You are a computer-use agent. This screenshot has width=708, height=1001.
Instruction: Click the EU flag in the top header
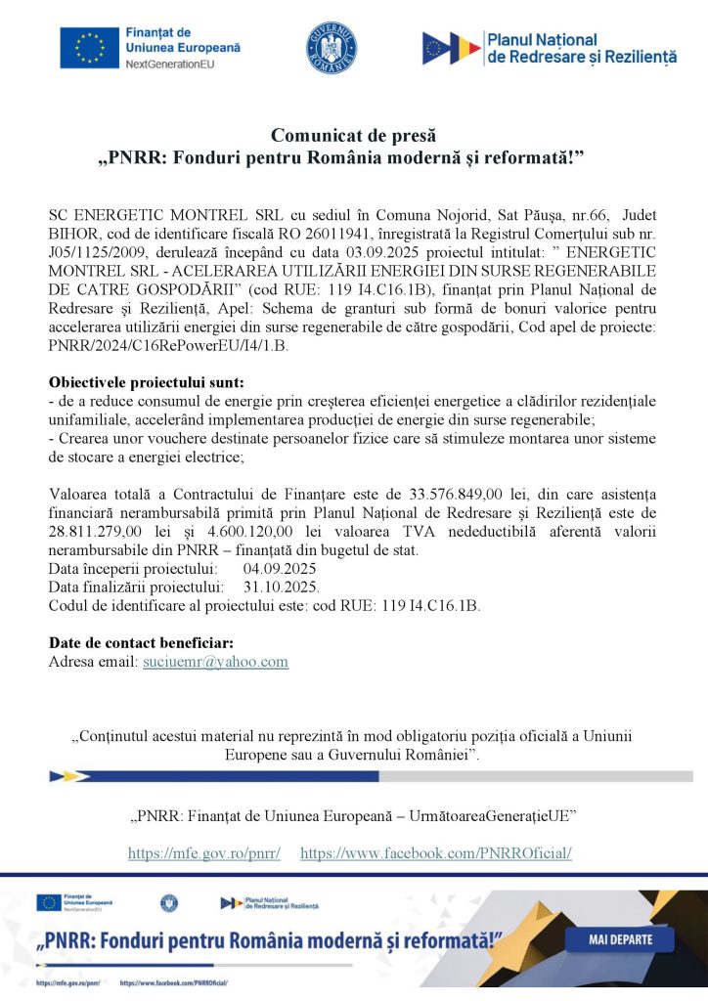coord(89,48)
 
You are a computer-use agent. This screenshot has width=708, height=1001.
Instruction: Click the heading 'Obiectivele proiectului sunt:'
coord(147,381)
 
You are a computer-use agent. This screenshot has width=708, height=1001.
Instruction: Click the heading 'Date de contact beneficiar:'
coord(141,642)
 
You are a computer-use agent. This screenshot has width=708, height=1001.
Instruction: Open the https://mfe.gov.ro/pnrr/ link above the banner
coord(204,853)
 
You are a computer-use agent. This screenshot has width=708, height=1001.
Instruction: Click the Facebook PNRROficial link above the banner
coord(435,853)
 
